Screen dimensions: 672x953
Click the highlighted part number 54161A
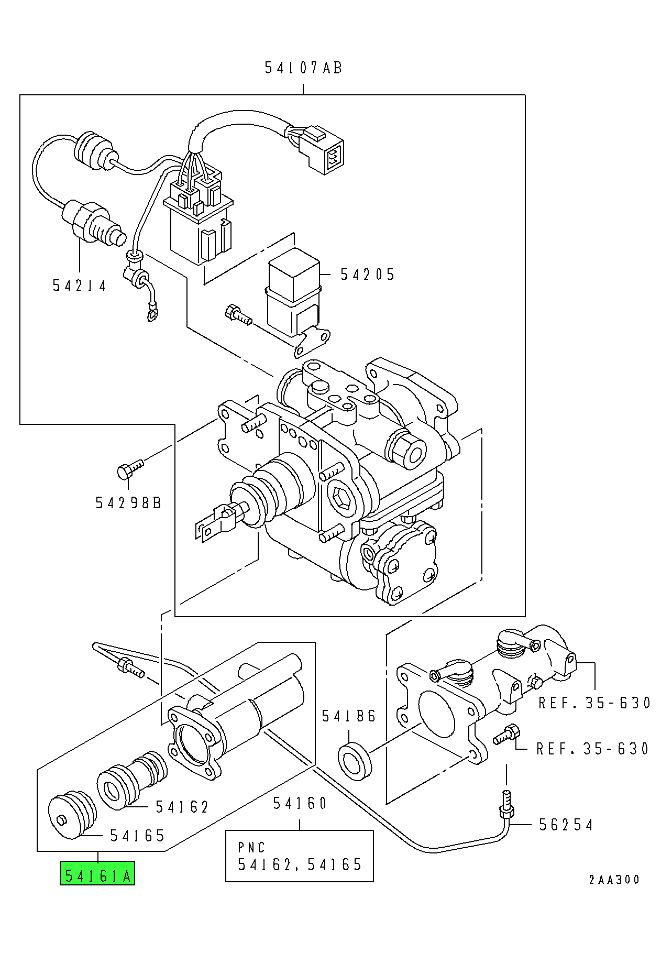coord(98,875)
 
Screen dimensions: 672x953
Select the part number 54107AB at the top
coord(303,68)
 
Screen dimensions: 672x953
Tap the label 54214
coord(80,286)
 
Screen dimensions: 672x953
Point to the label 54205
coord(368,275)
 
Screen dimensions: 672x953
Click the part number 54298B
coord(129,503)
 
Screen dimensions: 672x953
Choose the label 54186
coord(349,716)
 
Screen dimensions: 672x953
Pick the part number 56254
coord(566,825)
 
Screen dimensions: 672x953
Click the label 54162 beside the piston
coord(182,807)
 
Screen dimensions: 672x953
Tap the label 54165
coord(138,836)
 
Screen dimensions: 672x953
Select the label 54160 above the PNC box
coord(300,803)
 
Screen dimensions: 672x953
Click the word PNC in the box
coord(252,847)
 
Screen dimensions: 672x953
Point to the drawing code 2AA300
coord(614,880)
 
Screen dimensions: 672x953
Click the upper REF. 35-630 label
coord(595,703)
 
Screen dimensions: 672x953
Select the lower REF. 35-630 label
coord(593,749)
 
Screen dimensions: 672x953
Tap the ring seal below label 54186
coord(355,760)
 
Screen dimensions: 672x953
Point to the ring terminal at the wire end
coord(152,315)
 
